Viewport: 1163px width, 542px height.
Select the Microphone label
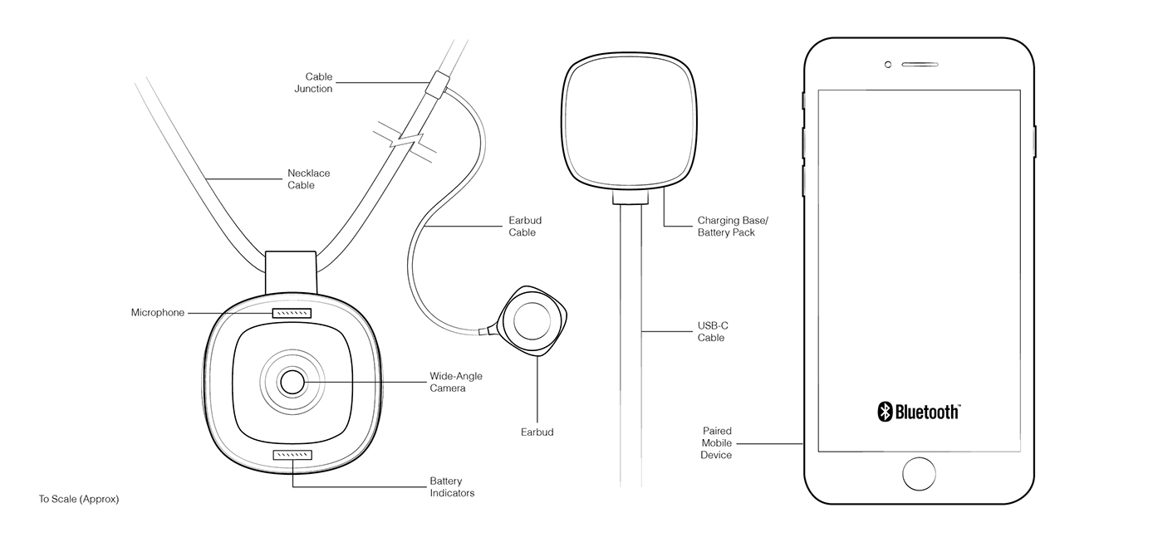pos(158,313)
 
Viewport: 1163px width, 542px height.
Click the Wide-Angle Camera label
pos(455,382)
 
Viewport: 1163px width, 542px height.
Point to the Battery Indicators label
pos(452,487)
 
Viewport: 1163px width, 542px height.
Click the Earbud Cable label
pos(525,227)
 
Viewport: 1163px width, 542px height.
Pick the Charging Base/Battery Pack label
pos(726,227)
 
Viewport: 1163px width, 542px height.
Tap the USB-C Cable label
pos(713,331)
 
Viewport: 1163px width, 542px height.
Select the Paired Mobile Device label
pos(716,443)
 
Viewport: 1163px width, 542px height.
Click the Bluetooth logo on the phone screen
pos(920,412)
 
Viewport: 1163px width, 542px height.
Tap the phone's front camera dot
pos(888,65)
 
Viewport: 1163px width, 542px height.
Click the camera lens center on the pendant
pos(292,382)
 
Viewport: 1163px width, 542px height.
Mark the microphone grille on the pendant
pos(292,313)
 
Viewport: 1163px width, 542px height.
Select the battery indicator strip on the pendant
pos(292,455)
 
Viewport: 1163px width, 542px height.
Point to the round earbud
pos(532,320)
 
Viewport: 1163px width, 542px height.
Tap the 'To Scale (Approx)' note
pos(79,500)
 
